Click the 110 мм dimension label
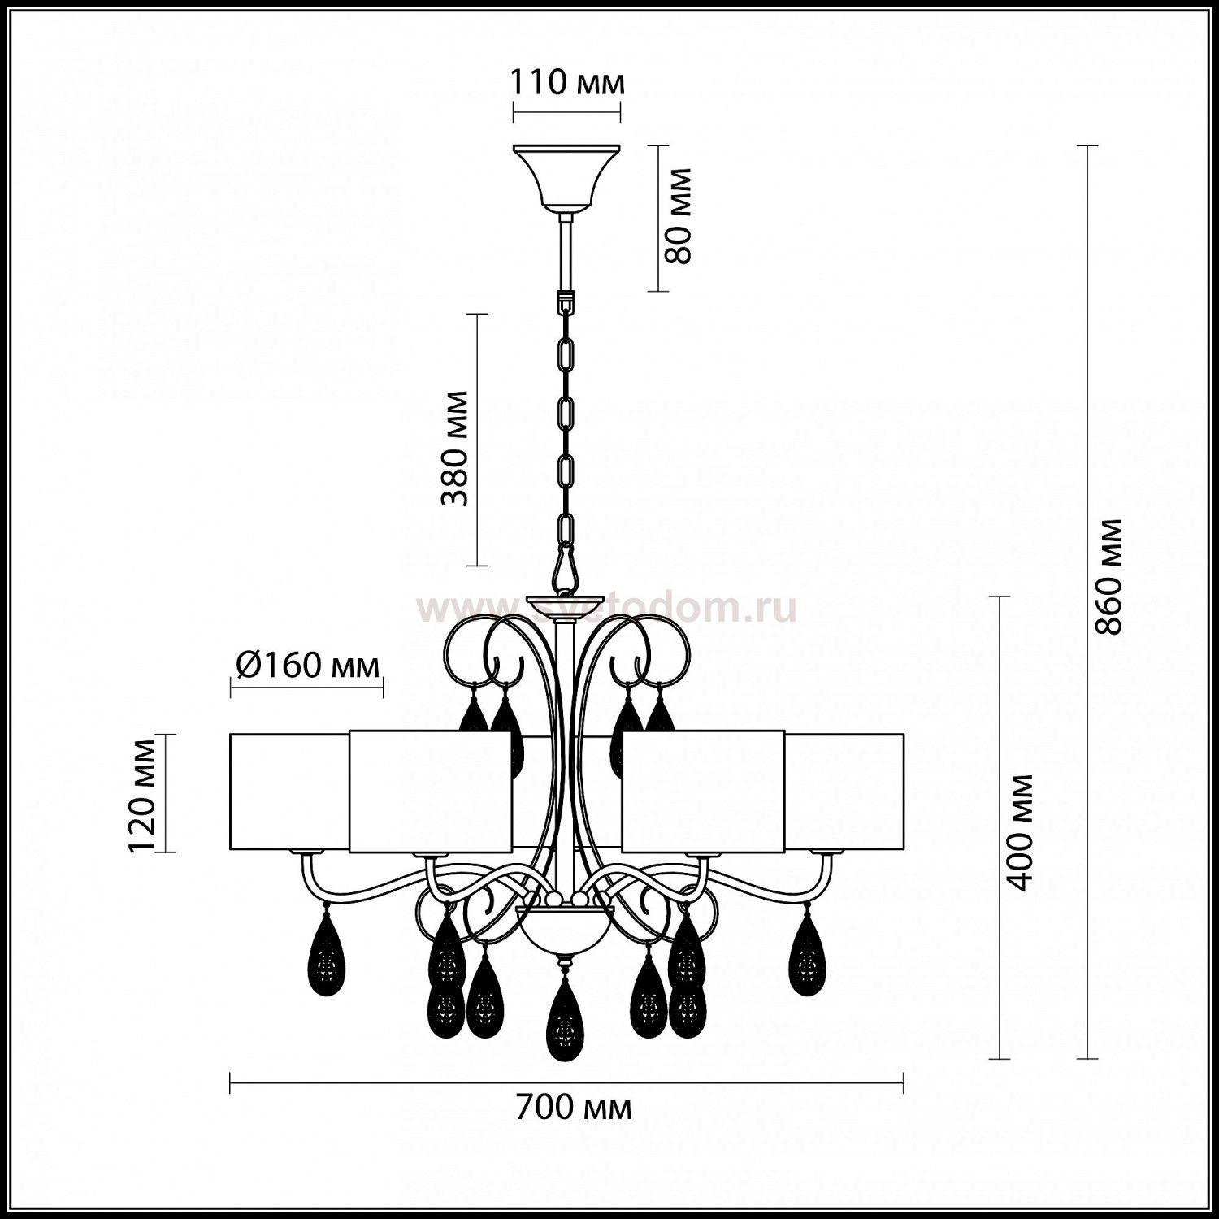click(x=566, y=83)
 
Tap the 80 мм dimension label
click(x=677, y=216)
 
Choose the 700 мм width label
click(x=574, y=1108)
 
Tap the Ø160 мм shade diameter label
click(x=307, y=666)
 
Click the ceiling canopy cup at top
click(x=566, y=177)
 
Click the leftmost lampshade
click(x=290, y=792)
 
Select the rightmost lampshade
click(x=844, y=792)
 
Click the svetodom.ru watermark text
click(x=606, y=609)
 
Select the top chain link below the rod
click(x=566, y=301)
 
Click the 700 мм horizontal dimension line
click(x=567, y=1082)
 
